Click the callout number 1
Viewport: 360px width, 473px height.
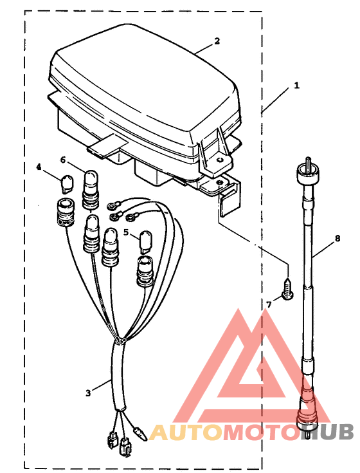click(297, 86)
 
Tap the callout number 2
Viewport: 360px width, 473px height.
click(217, 41)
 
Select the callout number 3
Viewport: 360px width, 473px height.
click(88, 393)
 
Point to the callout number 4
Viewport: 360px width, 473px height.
click(39, 167)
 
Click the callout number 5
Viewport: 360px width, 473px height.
click(126, 232)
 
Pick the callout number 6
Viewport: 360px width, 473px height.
click(63, 160)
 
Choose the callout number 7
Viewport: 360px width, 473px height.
click(269, 304)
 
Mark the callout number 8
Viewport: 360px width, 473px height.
click(337, 238)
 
